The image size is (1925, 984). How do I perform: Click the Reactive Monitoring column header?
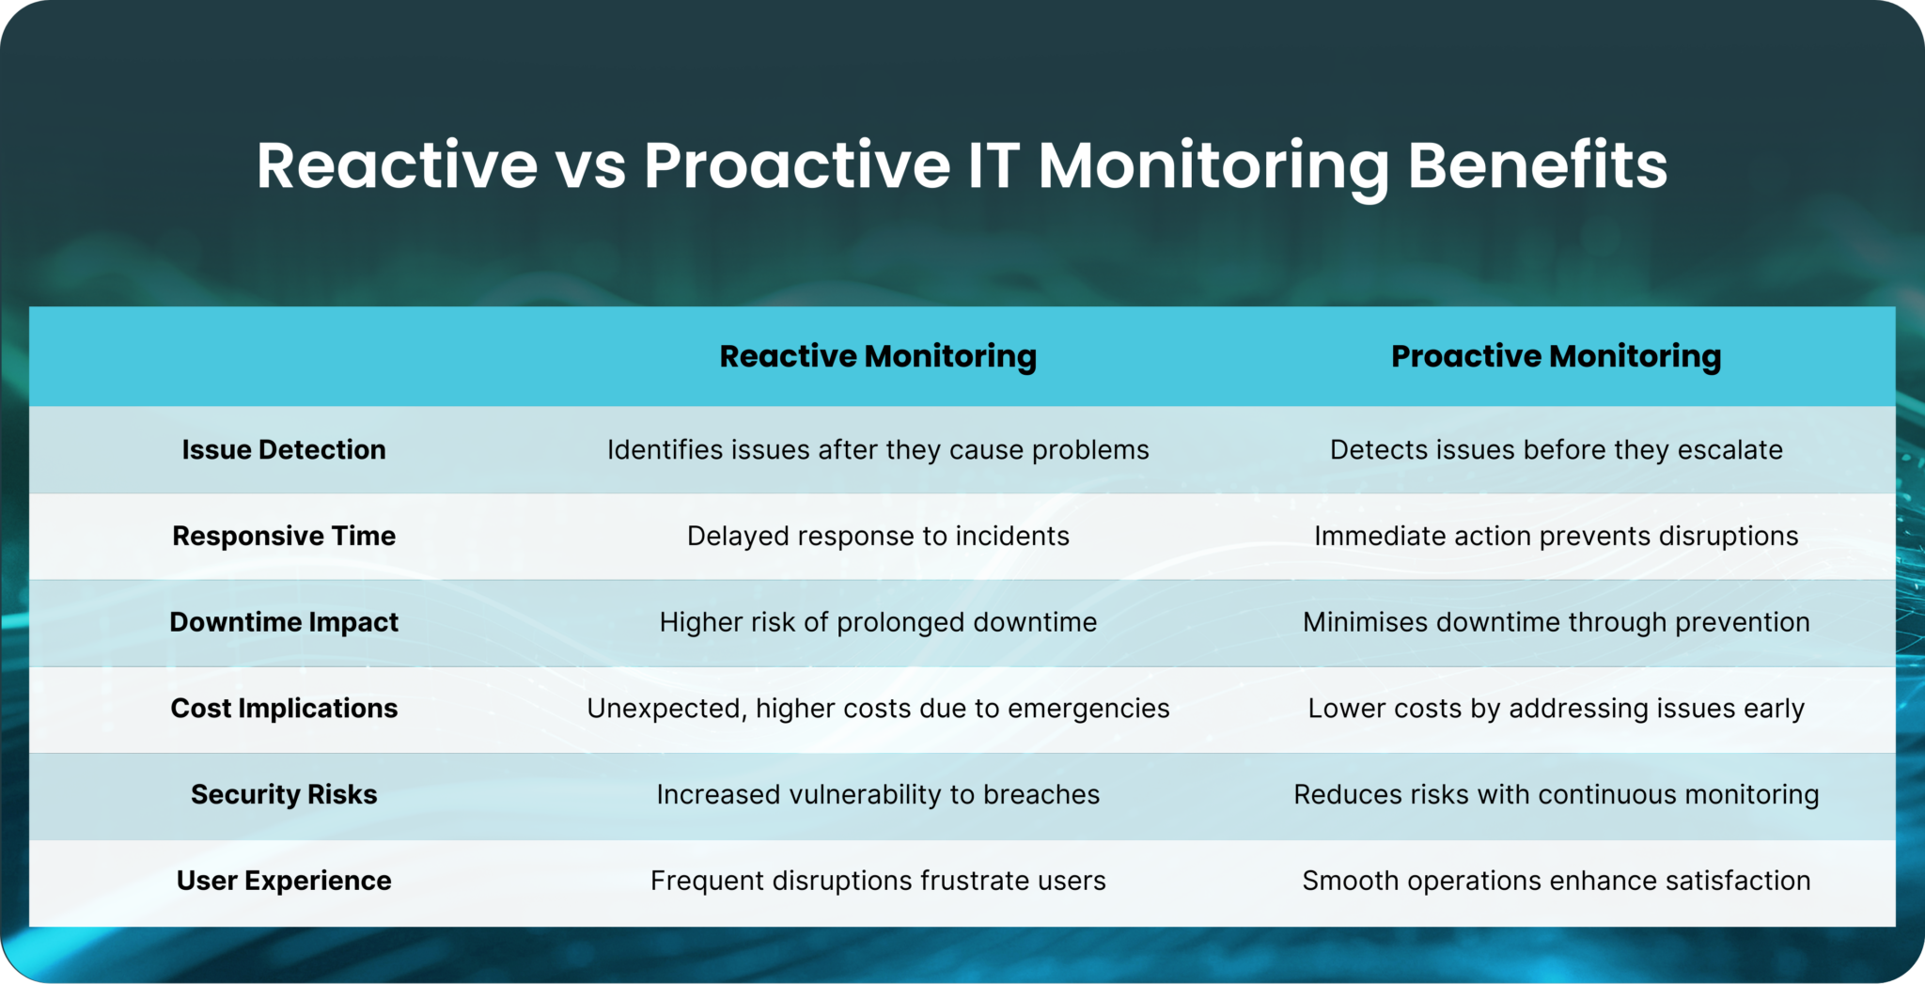tap(878, 356)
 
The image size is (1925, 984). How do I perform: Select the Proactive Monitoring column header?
tap(1556, 356)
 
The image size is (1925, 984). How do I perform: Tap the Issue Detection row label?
tap(284, 449)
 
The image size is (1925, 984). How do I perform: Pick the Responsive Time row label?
tap(284, 536)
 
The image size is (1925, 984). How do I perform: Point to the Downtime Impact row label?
tap(284, 622)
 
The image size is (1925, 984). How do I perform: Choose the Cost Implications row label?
tap(284, 708)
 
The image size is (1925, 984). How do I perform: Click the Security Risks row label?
tap(284, 794)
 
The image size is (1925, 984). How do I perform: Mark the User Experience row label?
tap(284, 881)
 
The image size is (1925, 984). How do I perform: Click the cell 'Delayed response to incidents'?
tap(878, 536)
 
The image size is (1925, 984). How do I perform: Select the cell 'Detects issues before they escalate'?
tap(1556, 449)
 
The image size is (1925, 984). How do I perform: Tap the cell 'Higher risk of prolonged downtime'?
tap(878, 622)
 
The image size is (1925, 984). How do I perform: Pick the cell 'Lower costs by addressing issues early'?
tap(1556, 708)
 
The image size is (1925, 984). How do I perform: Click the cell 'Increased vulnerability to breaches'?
tap(878, 794)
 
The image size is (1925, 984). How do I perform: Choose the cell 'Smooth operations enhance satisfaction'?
tap(1556, 881)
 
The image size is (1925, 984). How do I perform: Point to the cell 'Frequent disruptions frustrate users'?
tap(878, 881)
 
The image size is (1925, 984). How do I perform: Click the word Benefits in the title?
tap(1537, 165)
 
